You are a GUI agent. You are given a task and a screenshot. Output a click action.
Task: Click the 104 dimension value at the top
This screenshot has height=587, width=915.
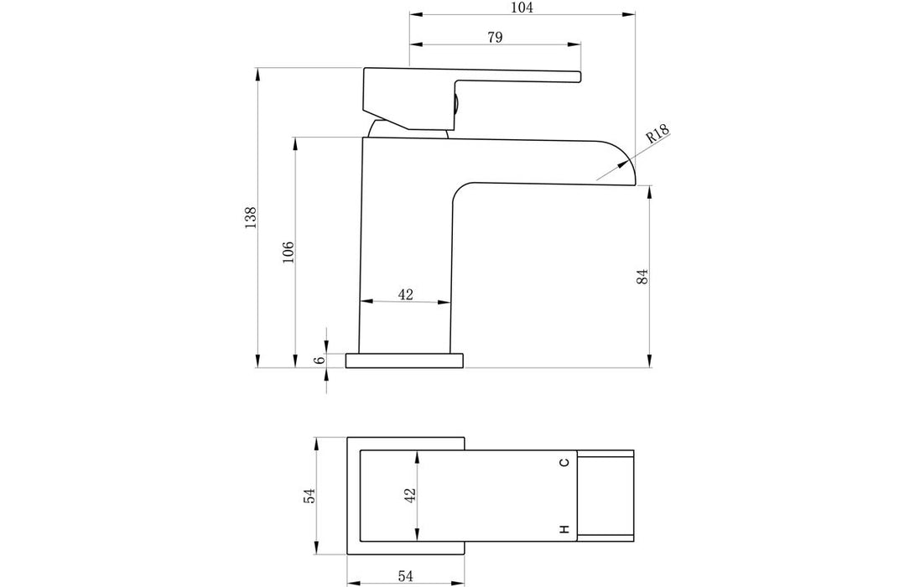(x=521, y=8)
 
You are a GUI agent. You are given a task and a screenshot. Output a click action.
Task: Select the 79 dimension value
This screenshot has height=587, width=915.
(x=494, y=37)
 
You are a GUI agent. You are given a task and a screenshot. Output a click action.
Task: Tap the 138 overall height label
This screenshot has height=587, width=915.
(x=250, y=217)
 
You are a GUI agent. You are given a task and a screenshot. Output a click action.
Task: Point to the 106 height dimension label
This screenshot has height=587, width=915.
(x=288, y=252)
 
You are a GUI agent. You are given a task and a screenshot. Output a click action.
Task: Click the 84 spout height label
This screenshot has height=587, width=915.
(x=642, y=278)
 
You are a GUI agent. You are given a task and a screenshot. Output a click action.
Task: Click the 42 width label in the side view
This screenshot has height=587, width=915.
(x=405, y=294)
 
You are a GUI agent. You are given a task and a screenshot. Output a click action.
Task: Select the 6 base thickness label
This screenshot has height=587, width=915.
(x=319, y=360)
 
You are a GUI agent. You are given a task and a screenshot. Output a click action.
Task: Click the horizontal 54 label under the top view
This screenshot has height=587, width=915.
(x=405, y=575)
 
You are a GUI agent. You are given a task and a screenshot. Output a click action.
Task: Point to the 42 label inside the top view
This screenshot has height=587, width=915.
(x=409, y=496)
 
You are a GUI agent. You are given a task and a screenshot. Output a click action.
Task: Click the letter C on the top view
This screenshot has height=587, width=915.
(x=564, y=462)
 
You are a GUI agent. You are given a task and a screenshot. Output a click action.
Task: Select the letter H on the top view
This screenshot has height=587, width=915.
(x=564, y=529)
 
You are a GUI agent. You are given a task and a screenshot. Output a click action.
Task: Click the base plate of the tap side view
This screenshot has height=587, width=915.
(x=405, y=361)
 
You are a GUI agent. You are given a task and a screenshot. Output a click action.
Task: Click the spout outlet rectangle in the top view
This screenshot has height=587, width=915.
(x=606, y=496)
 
